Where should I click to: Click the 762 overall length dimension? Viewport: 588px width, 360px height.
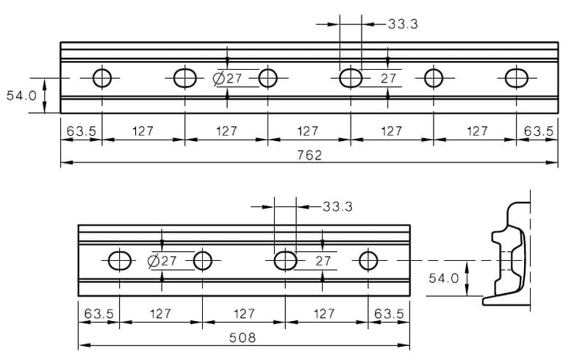(309, 155)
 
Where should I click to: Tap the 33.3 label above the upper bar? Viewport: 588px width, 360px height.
(403, 24)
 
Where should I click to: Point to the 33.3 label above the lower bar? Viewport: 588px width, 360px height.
(337, 206)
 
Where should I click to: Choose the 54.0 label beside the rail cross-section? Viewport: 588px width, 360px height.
(444, 278)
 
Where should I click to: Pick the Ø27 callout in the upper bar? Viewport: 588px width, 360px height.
(228, 79)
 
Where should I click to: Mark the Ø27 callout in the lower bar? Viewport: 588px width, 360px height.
(162, 261)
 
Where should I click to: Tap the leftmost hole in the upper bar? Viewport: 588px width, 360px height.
(102, 77)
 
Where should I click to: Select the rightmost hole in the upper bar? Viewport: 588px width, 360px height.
(517, 77)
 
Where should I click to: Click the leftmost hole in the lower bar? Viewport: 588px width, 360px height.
(119, 260)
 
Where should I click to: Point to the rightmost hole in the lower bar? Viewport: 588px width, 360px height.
(368, 260)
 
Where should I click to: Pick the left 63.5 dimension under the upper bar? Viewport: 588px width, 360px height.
(82, 131)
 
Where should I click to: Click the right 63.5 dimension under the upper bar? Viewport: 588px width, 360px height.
(538, 131)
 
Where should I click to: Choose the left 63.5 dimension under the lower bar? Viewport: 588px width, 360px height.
(99, 314)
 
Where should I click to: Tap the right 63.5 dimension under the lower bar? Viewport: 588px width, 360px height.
(389, 314)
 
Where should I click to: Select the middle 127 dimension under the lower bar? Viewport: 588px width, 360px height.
(244, 314)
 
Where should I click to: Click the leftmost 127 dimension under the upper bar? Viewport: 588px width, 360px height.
(143, 131)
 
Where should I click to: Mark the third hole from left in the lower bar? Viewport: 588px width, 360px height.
(285, 260)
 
